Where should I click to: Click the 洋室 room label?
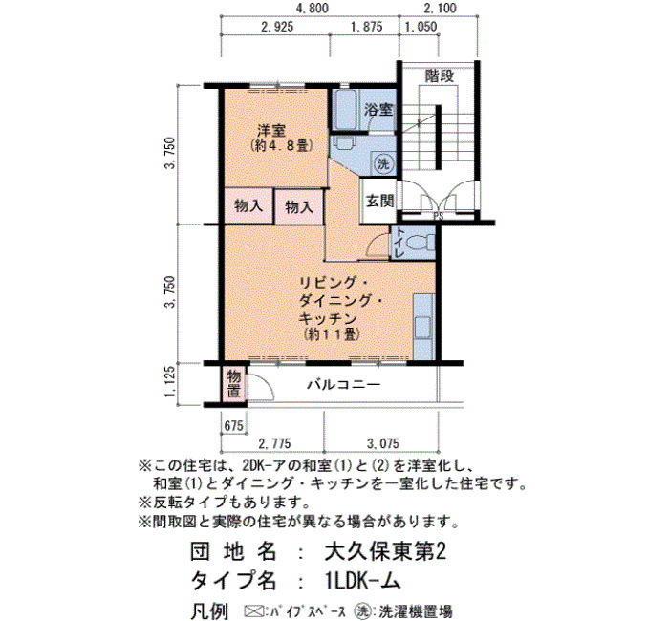271,129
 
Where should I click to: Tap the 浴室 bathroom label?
378,110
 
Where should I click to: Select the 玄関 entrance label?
379,201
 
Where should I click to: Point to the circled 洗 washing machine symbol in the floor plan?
382,163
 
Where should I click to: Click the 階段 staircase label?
440,75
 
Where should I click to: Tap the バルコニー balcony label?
344,385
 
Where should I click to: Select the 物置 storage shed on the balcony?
234,384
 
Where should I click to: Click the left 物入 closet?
248,206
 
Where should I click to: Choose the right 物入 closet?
298,207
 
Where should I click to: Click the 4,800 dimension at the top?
313,8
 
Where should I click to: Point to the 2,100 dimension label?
441,8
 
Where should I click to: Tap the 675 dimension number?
234,425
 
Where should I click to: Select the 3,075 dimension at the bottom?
383,443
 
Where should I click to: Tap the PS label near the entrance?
438,216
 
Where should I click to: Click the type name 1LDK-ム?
362,581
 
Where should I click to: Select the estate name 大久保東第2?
385,552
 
